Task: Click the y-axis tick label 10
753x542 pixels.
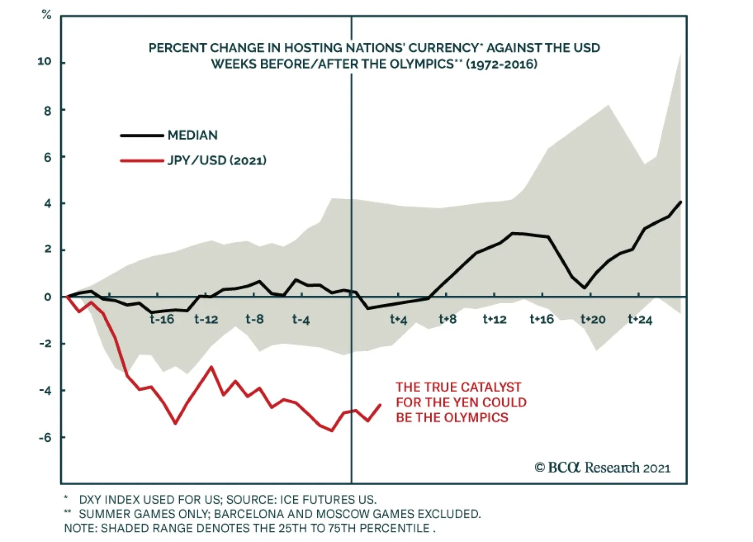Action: coord(45,62)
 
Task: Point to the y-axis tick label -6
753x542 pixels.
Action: coord(45,437)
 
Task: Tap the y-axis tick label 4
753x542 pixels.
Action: coord(48,203)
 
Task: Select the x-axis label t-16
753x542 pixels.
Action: coord(162,320)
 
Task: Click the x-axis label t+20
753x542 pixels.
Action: coord(593,320)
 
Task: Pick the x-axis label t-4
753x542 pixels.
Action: coord(301,320)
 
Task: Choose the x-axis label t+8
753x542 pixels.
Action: coord(448,320)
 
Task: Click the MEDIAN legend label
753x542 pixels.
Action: coord(192,136)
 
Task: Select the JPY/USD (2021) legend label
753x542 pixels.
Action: coord(217,161)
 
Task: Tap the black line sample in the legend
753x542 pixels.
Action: coord(142,136)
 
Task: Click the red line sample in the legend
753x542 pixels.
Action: coord(142,161)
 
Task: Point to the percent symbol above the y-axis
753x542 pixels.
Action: coord(46,15)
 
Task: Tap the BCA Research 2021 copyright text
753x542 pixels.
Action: coord(602,468)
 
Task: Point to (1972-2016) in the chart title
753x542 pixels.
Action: coord(502,64)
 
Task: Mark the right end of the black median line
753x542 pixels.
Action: coord(681,202)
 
